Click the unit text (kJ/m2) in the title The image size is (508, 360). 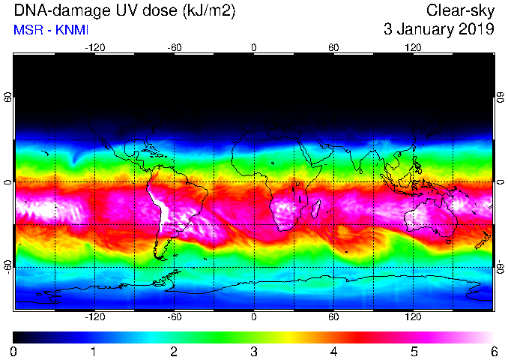(x=209, y=11)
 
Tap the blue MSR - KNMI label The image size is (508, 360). (x=51, y=30)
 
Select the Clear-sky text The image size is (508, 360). (x=460, y=11)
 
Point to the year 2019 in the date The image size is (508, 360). (x=477, y=29)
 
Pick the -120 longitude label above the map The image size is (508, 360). (x=95, y=48)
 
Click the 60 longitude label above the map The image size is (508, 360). (x=333, y=48)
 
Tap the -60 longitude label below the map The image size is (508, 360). (x=175, y=316)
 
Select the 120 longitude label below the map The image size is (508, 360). (x=413, y=316)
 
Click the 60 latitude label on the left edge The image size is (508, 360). (x=7, y=97)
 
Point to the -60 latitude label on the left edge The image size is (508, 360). (x=7, y=266)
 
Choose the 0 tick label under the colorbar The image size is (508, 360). (x=13, y=352)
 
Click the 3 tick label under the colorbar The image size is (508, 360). (x=254, y=352)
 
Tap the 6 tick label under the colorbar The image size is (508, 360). (x=494, y=352)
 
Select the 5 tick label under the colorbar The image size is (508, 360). (x=414, y=352)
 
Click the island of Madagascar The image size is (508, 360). (x=316, y=208)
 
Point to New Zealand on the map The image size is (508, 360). (x=483, y=240)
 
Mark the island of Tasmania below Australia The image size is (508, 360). (x=448, y=241)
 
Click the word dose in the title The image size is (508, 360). (x=159, y=11)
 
